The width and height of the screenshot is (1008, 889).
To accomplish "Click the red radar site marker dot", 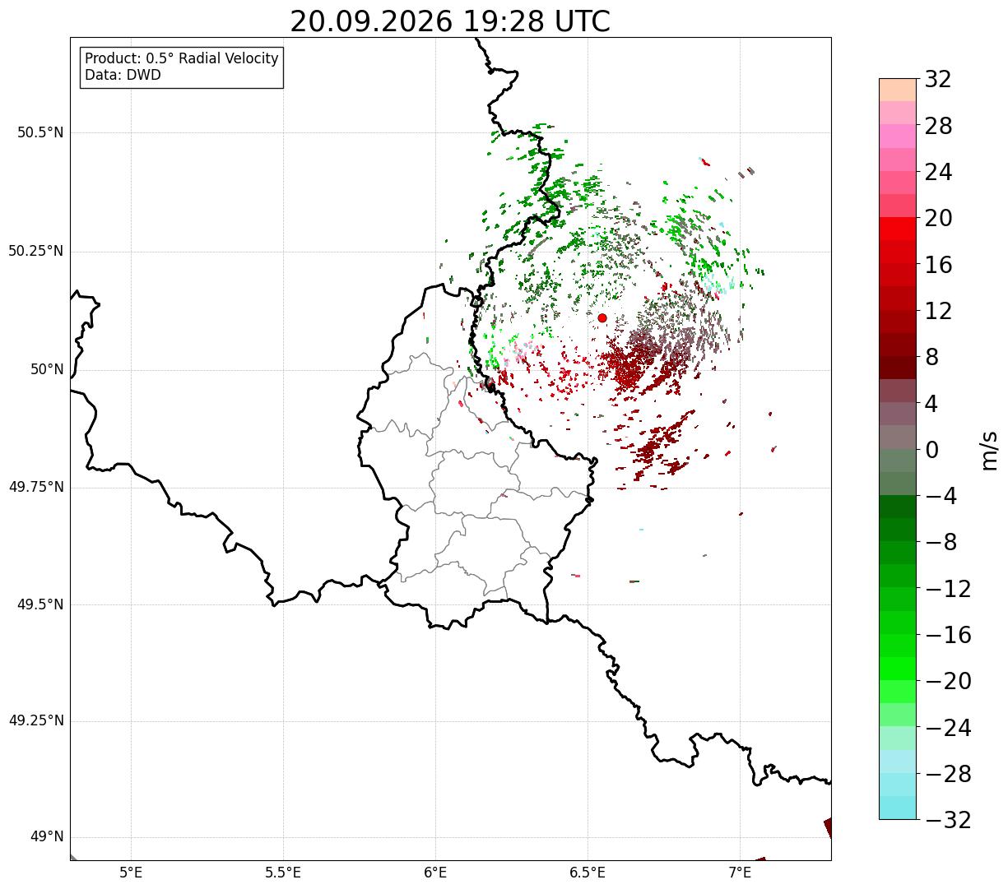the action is click(x=602, y=317).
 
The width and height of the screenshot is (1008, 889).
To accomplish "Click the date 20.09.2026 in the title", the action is click(x=371, y=22).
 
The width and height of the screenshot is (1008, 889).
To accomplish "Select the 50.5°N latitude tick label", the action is click(x=40, y=132).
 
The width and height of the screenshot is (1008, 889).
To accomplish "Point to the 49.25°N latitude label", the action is click(x=36, y=720).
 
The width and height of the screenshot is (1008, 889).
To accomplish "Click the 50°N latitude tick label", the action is click(x=47, y=369).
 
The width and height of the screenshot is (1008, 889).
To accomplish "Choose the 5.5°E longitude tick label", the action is click(x=283, y=873).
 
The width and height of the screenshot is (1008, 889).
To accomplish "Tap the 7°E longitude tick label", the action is click(x=740, y=873).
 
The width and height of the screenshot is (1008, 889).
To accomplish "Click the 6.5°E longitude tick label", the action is click(x=588, y=873).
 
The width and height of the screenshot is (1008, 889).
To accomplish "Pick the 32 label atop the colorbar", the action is click(x=938, y=79).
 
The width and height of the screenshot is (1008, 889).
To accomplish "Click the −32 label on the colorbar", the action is click(x=948, y=819).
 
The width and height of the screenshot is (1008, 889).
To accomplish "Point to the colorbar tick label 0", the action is click(x=931, y=450).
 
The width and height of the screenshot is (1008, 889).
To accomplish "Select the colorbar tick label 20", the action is click(x=938, y=218).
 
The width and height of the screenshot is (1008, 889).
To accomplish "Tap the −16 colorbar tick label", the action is click(x=948, y=634).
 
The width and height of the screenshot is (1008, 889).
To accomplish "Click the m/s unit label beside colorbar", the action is click(x=988, y=451).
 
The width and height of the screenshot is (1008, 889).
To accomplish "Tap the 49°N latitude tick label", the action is click(x=47, y=837).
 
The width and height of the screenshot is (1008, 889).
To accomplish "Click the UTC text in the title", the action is click(x=582, y=22).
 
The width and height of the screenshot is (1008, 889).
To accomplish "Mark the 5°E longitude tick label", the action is click(x=131, y=873).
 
